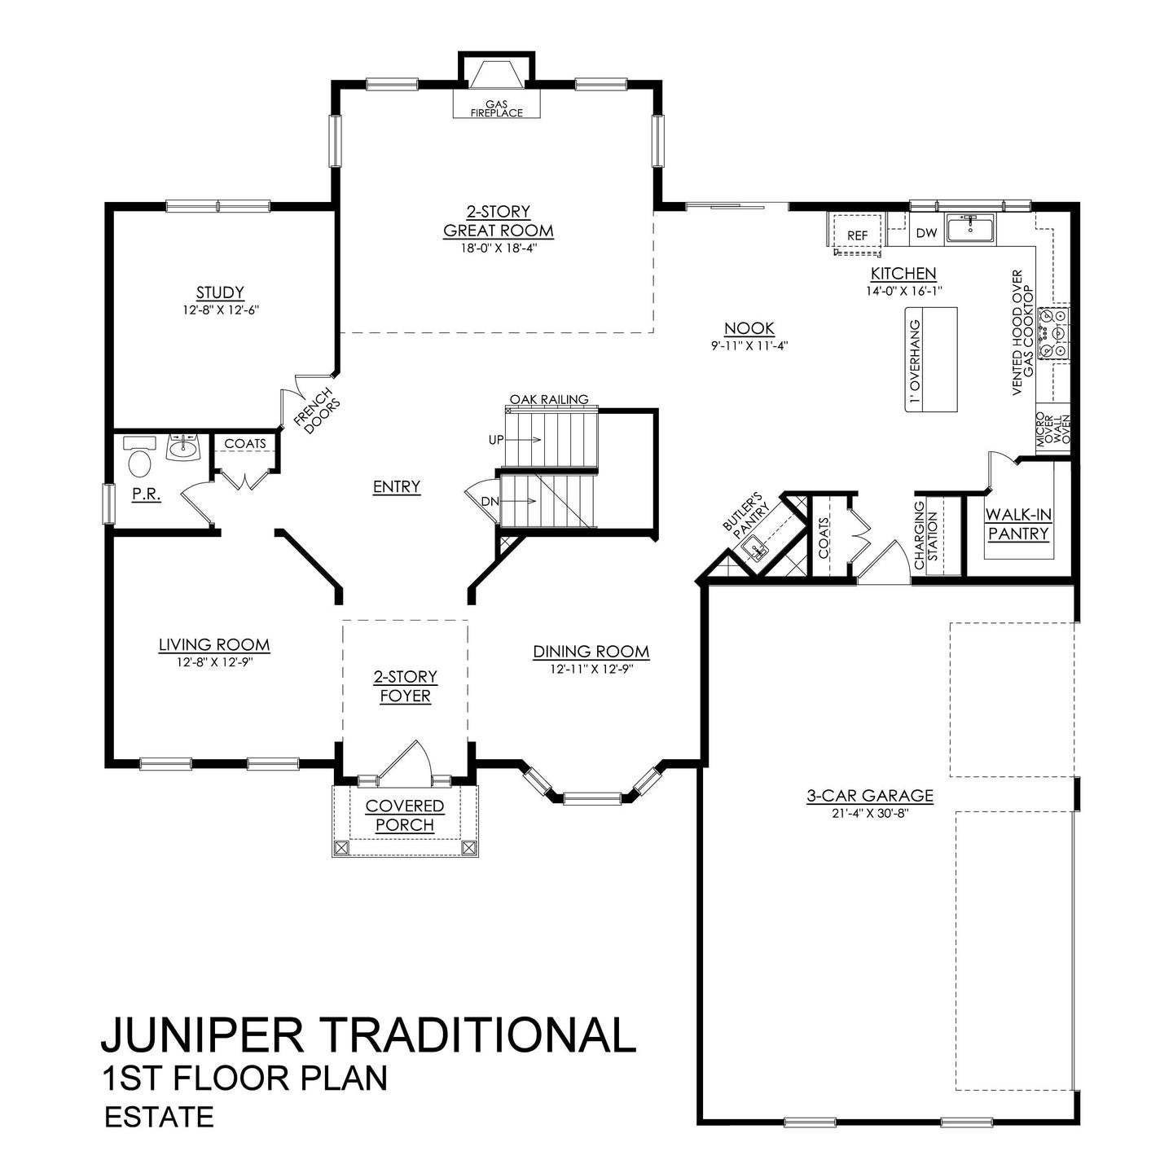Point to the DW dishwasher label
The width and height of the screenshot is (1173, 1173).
pos(926,233)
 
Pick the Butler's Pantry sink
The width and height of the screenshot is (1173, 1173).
pos(756,548)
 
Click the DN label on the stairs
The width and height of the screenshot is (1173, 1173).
pos(490,501)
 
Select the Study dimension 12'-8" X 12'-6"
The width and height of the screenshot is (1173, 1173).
pos(220,310)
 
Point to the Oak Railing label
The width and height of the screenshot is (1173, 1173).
pos(548,399)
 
